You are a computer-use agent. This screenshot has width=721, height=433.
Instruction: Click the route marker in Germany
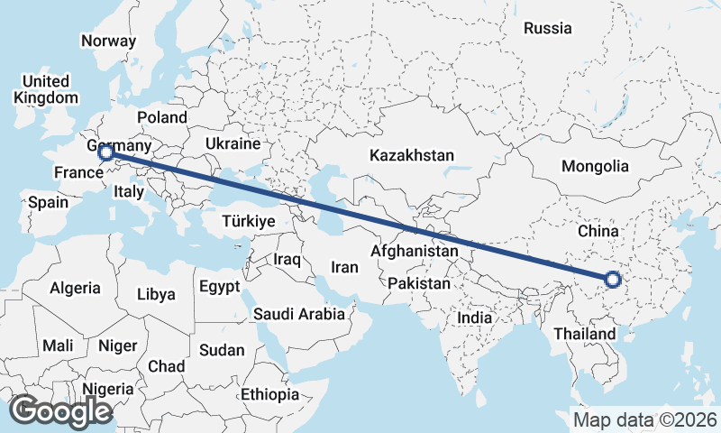pyautogui.click(x=105, y=152)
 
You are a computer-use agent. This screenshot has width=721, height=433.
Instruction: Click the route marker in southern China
pyautogui.click(x=612, y=279)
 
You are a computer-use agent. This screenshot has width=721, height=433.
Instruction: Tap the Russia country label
pyautogui.click(x=547, y=28)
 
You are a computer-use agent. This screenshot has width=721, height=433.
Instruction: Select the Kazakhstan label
pyautogui.click(x=411, y=155)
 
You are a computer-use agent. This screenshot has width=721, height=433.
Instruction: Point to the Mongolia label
pyautogui.click(x=594, y=166)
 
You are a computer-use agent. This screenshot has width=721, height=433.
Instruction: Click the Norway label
pyautogui.click(x=108, y=41)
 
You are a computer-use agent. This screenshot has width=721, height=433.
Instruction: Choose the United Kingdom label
pyautogui.click(x=46, y=89)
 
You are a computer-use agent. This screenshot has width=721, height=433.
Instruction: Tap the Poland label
pyautogui.click(x=162, y=117)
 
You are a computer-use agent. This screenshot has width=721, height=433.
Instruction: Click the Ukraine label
pyautogui.click(x=233, y=143)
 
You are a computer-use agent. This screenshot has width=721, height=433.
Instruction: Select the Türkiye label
pyautogui.click(x=248, y=221)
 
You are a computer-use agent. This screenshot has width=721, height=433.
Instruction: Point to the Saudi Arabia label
pyautogui.click(x=299, y=314)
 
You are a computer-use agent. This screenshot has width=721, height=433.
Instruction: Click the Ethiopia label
pyautogui.click(x=269, y=395)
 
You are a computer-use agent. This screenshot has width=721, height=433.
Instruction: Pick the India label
pyautogui.click(x=474, y=318)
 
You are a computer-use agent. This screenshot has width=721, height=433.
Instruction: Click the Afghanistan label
pyautogui.click(x=414, y=250)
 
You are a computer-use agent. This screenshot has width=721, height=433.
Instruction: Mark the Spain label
pyautogui.click(x=48, y=202)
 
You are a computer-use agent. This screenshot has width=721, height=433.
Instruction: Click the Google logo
pyautogui.click(x=60, y=411)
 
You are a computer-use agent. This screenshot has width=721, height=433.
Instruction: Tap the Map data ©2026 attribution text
pyautogui.click(x=644, y=420)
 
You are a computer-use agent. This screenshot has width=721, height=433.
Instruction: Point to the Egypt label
pyautogui.click(x=219, y=288)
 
